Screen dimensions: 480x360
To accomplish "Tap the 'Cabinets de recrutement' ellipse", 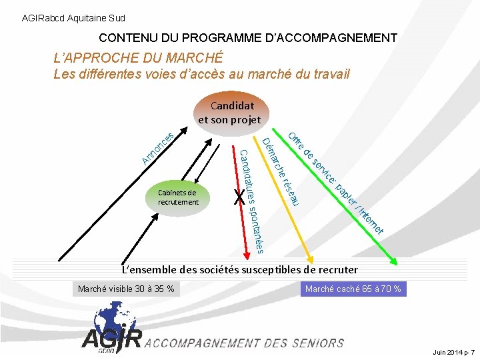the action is pos(178,197).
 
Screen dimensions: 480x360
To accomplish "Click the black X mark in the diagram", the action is pos(239,197).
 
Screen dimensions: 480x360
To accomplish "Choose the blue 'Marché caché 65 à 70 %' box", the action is pos(353,289).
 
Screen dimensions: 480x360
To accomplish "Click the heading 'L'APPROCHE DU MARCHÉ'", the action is pos(138,59).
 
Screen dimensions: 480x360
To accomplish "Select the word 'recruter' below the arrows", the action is pos(337,270).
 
